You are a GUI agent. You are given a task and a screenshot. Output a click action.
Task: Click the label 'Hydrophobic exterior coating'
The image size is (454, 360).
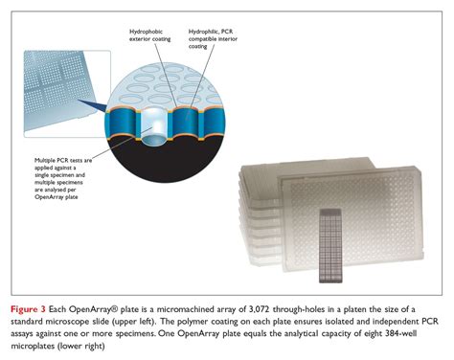(x=149, y=35)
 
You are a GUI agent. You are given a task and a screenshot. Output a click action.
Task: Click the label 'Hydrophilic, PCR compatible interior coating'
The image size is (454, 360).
(x=213, y=38)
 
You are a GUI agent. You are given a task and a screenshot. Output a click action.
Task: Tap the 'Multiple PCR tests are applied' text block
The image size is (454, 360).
(x=63, y=178)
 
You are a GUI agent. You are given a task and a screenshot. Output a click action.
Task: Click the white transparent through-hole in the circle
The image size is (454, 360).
(x=154, y=125)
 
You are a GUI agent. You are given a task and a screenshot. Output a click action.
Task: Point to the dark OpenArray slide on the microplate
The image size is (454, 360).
(x=330, y=245)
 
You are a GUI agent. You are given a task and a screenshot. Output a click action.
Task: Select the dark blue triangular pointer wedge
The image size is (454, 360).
(x=93, y=105)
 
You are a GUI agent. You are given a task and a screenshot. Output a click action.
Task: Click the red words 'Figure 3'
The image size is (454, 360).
(x=28, y=309)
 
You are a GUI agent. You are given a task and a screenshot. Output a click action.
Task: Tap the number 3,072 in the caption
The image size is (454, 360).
(x=258, y=309)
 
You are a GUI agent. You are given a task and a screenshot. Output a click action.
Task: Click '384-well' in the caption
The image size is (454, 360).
(x=401, y=333)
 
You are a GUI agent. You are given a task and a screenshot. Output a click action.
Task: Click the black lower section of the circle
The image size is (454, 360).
(x=166, y=161)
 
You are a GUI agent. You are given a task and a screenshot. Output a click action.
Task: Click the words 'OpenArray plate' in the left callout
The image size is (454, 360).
(x=57, y=197)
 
